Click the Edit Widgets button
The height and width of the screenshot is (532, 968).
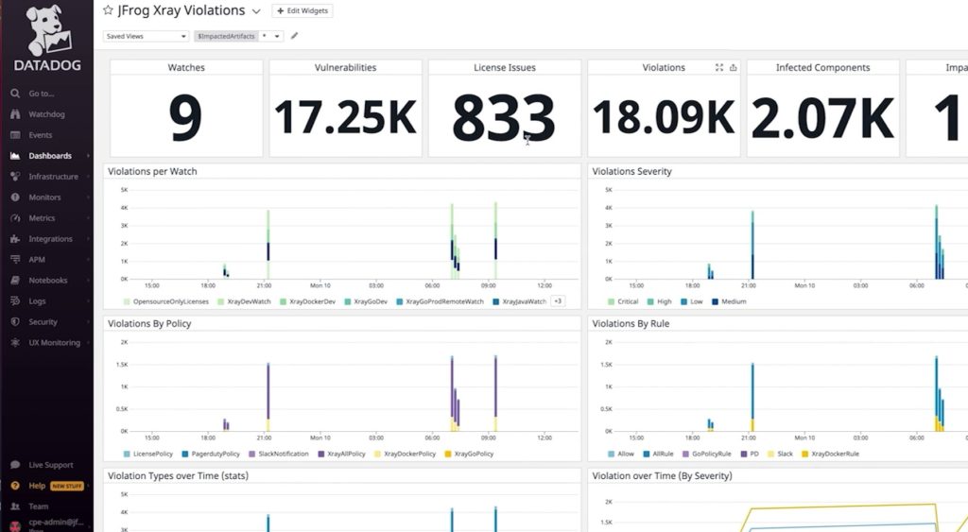pos(302,10)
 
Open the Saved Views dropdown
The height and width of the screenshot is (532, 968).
pos(146,36)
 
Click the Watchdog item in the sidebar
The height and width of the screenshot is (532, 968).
pos(46,114)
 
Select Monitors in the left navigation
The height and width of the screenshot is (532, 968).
pos(44,197)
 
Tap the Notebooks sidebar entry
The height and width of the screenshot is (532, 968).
pos(47,281)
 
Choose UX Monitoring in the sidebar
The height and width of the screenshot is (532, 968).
pos(54,343)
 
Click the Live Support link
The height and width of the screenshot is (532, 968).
pos(50,465)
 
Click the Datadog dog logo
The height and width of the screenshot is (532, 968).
pos(46,31)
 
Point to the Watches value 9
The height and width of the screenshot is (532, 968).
pos(186,117)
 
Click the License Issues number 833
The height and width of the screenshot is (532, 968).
pos(503,117)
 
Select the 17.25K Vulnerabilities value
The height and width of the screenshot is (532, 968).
pos(345,117)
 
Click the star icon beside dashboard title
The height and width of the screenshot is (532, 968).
pos(108,10)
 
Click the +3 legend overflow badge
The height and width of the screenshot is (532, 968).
pos(558,301)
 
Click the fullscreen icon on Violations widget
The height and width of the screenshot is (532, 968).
pos(719,68)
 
